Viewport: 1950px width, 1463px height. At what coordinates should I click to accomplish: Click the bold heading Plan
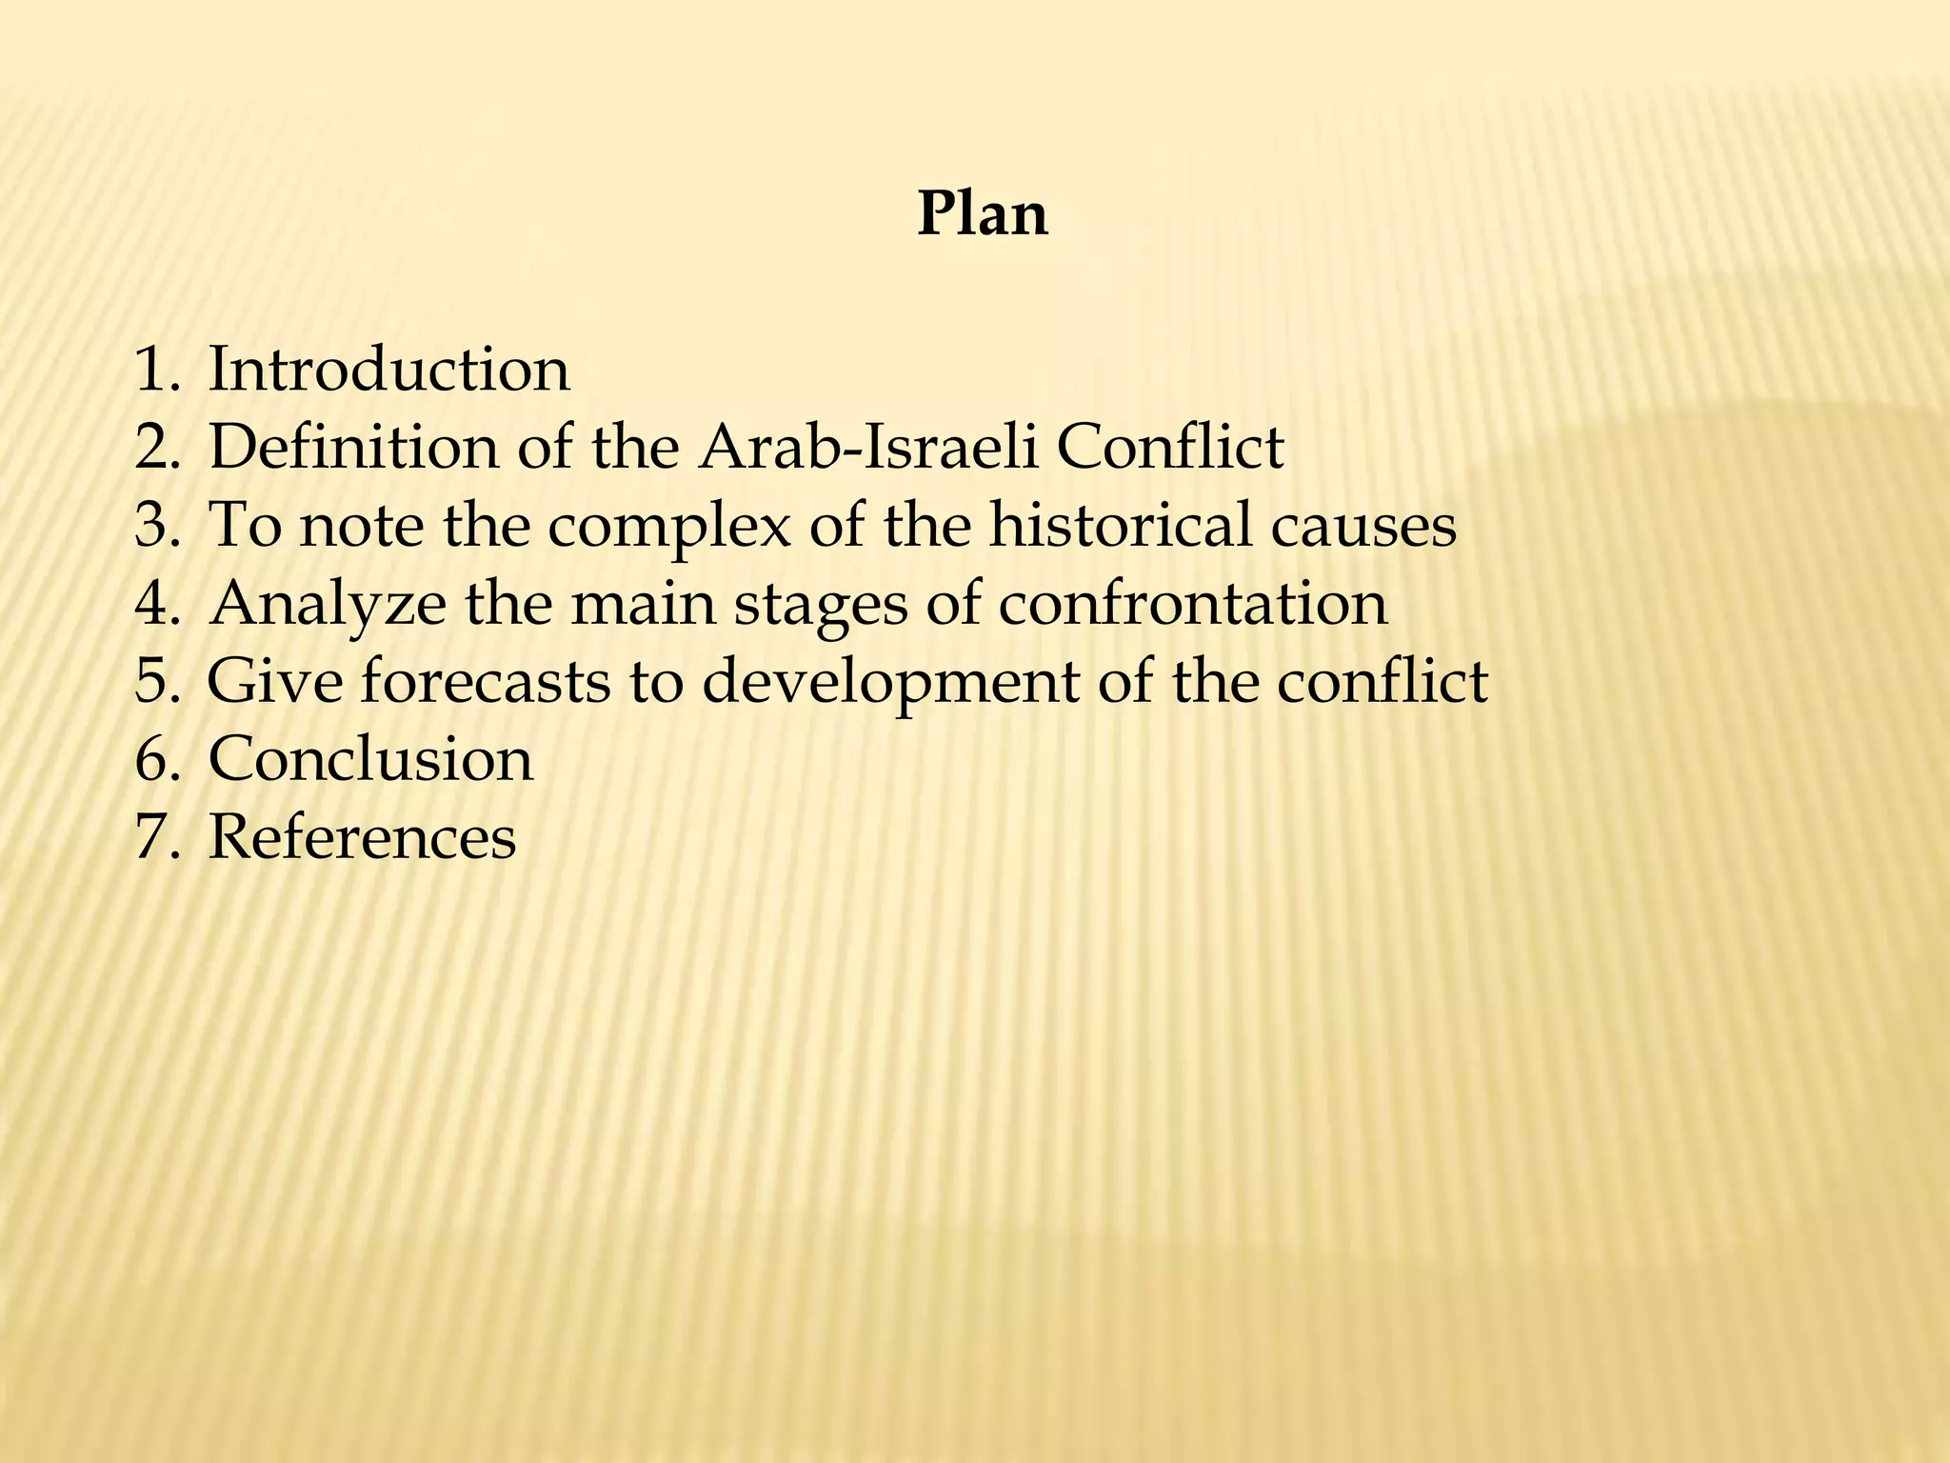982,214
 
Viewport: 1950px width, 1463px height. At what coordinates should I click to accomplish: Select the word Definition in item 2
352,447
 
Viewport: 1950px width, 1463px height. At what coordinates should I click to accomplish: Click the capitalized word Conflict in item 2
1170,447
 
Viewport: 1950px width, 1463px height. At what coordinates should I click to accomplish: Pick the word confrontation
1192,604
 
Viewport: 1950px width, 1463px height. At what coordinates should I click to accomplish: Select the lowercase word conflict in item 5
1382,682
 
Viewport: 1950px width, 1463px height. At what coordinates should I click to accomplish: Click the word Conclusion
370,759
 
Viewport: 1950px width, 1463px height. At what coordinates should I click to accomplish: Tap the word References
362,837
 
